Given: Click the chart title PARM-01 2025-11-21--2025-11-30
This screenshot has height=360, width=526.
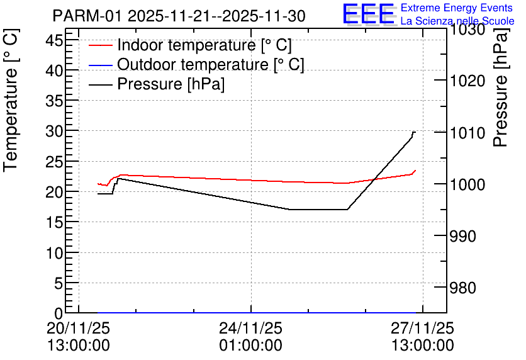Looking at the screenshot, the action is click(x=179, y=16).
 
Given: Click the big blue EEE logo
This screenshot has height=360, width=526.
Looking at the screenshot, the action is click(x=368, y=14).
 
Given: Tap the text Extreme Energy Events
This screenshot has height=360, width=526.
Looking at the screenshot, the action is click(x=457, y=8).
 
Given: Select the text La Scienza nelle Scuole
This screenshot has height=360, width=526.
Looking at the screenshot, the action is click(x=457, y=21).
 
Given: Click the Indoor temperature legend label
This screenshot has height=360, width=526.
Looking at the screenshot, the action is click(x=204, y=45).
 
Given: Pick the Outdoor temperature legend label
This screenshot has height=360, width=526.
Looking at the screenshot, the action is click(x=211, y=64).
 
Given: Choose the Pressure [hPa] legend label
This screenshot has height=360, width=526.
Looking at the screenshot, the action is click(x=171, y=84).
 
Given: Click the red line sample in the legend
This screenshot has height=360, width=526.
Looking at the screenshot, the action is click(x=100, y=45).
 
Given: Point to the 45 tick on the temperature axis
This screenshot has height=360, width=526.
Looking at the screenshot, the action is click(x=54, y=41).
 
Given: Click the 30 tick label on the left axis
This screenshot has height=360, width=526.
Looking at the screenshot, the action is click(x=54, y=131).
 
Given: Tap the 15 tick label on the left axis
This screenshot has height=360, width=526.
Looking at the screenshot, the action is click(x=54, y=222).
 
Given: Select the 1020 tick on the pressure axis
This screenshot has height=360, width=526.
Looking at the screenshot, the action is click(x=467, y=81).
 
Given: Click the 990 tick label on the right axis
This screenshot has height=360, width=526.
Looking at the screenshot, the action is click(x=462, y=236).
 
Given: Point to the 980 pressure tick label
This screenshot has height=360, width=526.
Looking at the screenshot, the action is click(x=462, y=288).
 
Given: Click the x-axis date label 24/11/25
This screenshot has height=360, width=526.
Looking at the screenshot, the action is click(x=251, y=328).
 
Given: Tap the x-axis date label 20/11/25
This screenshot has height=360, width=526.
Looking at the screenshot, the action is click(x=78, y=328).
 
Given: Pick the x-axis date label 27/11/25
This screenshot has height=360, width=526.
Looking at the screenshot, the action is click(x=422, y=328).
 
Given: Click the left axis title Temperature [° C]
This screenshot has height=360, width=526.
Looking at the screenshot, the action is click(x=11, y=101).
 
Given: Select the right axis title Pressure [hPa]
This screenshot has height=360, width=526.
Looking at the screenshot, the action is click(x=501, y=87).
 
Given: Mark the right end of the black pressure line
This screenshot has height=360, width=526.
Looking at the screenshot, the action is click(x=415, y=132).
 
